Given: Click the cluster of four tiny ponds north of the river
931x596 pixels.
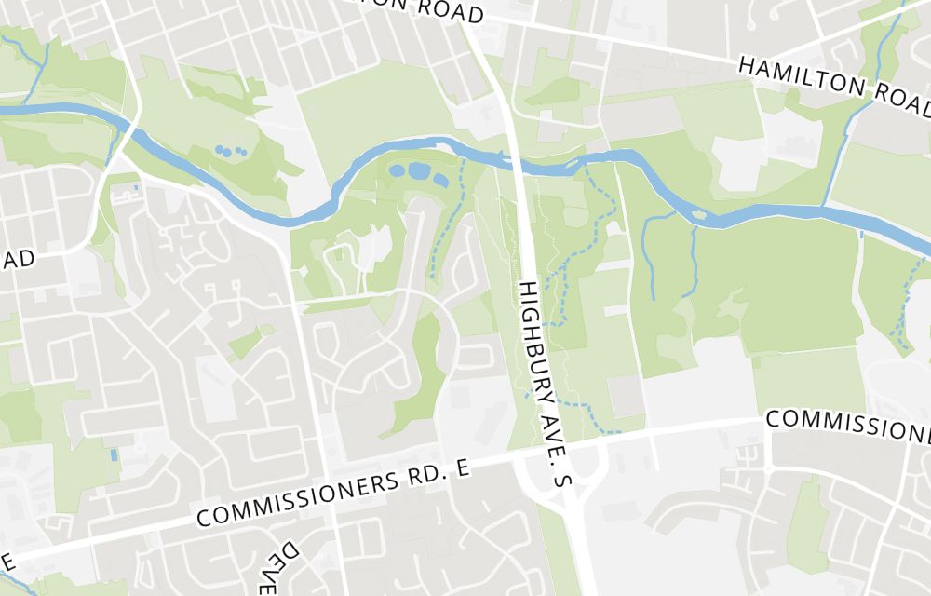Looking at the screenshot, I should click(229, 150).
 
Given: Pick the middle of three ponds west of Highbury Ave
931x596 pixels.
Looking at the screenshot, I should click(418, 171).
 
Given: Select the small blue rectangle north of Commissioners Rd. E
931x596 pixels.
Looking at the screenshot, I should click(114, 454).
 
